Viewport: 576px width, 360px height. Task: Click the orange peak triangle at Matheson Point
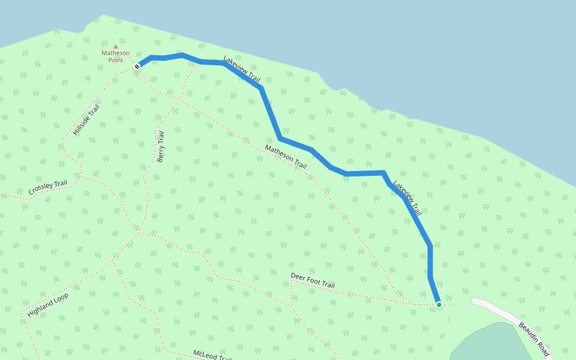115,46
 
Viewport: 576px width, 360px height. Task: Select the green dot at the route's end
439,305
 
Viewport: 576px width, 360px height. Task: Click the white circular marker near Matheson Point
137,67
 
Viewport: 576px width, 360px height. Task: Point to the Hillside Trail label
86,119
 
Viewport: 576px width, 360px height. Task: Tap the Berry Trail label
160,147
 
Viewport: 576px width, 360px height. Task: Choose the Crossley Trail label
48,188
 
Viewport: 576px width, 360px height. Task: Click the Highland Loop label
48,305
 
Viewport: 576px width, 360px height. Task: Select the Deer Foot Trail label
313,280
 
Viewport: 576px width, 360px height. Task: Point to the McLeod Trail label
212,356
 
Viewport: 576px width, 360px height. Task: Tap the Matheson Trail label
286,157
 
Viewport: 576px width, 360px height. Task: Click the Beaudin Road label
534,340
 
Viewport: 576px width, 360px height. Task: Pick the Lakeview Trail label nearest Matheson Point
242,68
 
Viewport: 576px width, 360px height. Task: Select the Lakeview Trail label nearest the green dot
407,197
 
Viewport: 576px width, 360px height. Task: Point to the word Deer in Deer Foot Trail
298,277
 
